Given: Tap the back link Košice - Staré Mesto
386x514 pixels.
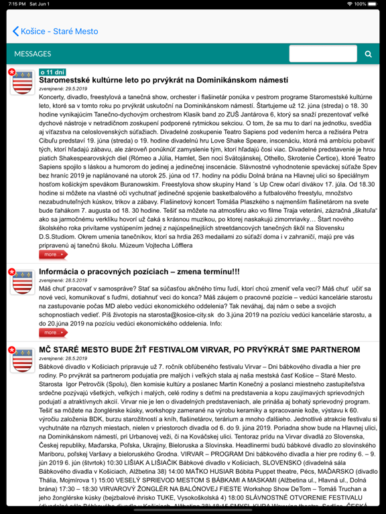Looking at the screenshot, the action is pyautogui.click(x=55, y=31).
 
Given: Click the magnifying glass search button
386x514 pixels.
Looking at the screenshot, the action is pyautogui.click(x=368, y=54).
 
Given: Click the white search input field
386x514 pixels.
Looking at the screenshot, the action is pyautogui.click(x=323, y=54).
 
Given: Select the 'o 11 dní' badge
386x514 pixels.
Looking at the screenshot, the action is pyautogui.click(x=52, y=72).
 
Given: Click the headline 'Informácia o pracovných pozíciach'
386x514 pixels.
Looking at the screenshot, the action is pyautogui.click(x=139, y=272).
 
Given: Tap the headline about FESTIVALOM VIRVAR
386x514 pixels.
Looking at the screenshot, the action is pyautogui.click(x=199, y=350).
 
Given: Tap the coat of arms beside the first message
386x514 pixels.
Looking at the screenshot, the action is pyautogui.click(x=21, y=82).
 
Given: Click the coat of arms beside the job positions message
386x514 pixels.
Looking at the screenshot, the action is pyautogui.click(x=21, y=281).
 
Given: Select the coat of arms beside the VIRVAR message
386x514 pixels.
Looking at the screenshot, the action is pyautogui.click(x=21, y=360).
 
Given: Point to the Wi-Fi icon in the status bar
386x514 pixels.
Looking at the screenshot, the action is pyautogui.click(x=349, y=4).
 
